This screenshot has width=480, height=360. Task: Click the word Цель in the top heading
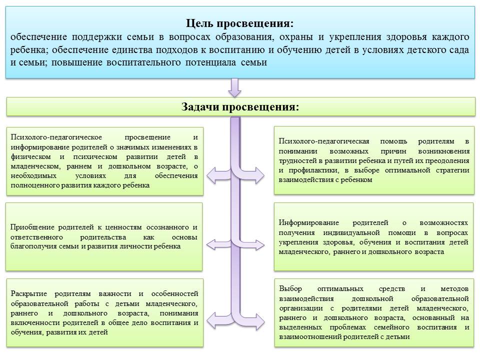(x=199, y=23)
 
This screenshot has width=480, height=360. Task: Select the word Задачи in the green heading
(x=200, y=106)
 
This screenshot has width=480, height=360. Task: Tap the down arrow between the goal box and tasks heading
(x=235, y=87)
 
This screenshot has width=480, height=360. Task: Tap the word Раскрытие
(x=29, y=294)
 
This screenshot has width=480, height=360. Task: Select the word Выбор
(x=290, y=288)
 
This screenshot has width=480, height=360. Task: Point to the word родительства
(x=103, y=237)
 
